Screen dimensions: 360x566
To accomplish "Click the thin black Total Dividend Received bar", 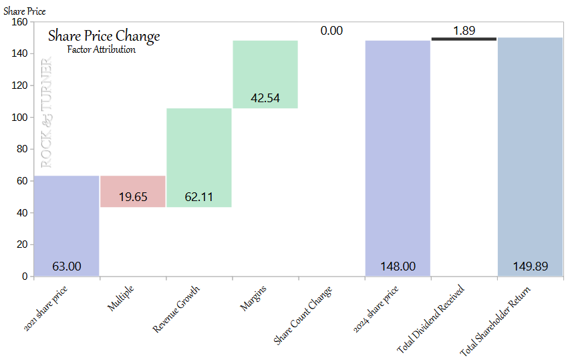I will (x=464, y=39).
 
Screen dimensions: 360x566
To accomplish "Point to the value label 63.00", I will (x=67, y=266).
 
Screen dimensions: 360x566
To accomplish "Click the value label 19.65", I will (x=133, y=197).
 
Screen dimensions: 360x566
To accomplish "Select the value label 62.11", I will (x=198, y=197).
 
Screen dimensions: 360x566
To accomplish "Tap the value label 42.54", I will (x=265, y=98).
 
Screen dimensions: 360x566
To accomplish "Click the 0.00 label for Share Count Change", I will (x=331, y=31).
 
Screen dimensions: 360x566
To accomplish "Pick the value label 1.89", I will (x=464, y=31).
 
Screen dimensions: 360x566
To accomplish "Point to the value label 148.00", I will (x=398, y=266).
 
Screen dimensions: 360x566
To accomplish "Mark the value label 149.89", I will (x=531, y=266).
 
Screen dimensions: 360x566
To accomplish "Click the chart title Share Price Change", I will (x=104, y=36).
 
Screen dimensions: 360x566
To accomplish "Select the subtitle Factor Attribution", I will (x=102, y=49).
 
